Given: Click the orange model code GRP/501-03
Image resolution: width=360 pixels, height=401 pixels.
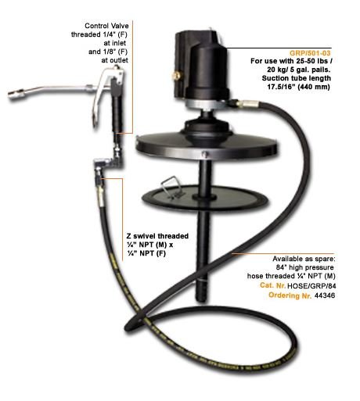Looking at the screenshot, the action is (310, 53).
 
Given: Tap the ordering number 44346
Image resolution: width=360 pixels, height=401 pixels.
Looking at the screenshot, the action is (325, 295).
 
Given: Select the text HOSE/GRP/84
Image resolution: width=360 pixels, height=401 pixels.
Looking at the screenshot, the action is (311, 286).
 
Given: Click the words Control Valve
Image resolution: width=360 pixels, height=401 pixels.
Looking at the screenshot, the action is (106, 26).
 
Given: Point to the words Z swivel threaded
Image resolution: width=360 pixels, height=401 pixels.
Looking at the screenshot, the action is (157, 236).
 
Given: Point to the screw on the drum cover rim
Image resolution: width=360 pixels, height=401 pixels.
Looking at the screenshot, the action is (205, 154).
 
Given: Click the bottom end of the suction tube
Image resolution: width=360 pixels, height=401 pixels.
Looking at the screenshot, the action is (203, 300).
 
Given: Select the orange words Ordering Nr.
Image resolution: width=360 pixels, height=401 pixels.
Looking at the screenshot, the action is (290, 295).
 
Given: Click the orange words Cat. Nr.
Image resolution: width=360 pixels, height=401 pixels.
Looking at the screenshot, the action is (272, 285).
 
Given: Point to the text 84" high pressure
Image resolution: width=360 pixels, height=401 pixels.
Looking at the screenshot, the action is (304, 267).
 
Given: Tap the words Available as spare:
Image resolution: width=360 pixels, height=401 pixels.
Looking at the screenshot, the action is (304, 259).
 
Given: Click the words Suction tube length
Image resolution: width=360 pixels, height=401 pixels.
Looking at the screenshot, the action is (297, 78).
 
